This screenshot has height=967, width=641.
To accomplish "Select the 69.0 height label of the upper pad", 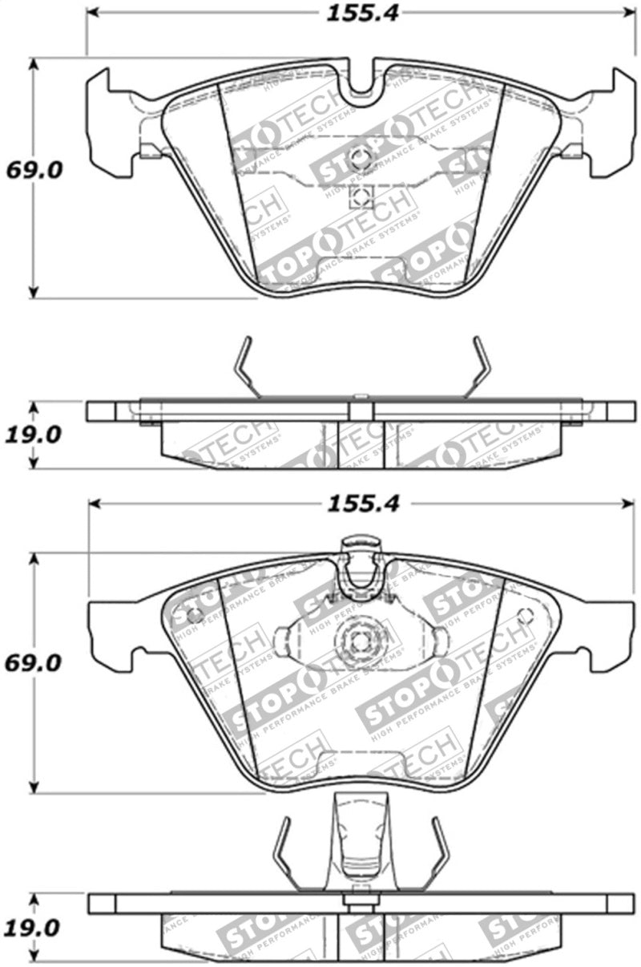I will coord(33,171).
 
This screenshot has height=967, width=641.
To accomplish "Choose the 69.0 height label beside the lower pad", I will coord(33,664).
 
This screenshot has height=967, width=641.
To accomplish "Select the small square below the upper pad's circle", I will coord(360,196).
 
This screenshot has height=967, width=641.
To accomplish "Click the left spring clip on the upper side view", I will coord(245,365).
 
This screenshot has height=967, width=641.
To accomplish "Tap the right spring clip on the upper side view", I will coord(478,365).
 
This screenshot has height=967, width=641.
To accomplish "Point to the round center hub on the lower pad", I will coord(358,641).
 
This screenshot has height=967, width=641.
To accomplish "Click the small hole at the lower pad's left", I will coord(192,616).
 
